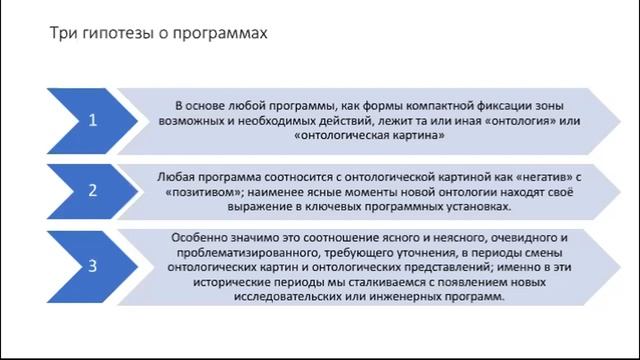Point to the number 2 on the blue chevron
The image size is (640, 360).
pyautogui.click(x=92, y=189)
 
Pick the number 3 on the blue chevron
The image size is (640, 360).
pyautogui.click(x=92, y=266)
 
